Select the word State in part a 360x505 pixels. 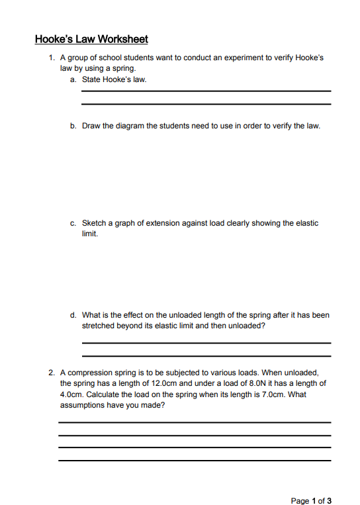92,79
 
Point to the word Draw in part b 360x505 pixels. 91,125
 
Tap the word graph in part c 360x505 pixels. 126,223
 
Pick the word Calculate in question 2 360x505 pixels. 103,394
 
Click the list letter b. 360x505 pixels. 72,125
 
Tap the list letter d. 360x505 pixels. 72,315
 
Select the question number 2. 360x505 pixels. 50,373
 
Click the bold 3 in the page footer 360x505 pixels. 330,500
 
